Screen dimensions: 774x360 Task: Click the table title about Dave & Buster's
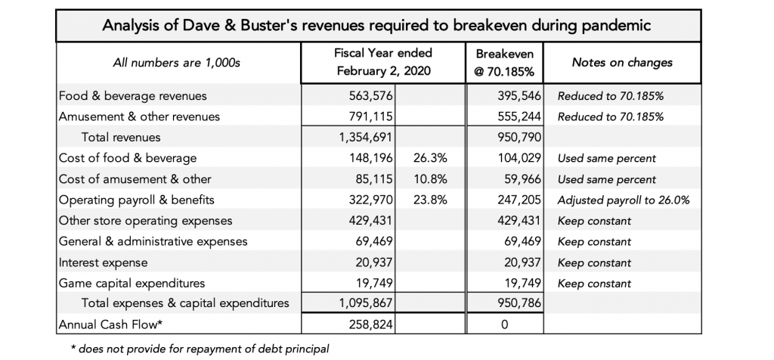(376, 25)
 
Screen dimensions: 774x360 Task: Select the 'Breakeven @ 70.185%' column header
(504, 62)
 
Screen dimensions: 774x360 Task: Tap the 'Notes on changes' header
(622, 62)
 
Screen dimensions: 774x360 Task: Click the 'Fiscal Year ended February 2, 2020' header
(383, 62)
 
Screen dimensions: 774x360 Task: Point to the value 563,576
(372, 96)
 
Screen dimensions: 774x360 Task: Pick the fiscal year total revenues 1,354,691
(366, 138)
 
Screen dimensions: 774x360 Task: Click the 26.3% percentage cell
(430, 158)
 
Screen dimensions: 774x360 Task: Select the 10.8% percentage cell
(430, 178)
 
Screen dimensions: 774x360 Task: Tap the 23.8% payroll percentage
(430, 200)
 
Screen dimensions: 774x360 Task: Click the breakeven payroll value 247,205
(520, 200)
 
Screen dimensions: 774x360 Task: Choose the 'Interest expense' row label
(103, 262)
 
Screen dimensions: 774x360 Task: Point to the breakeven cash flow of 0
(504, 325)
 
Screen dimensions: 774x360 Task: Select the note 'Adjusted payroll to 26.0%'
(624, 200)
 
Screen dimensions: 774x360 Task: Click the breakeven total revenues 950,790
(520, 138)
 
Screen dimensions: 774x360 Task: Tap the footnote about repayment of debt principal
(200, 349)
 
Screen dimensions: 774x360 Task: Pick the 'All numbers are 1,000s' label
(177, 63)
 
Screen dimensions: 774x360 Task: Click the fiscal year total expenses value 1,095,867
(366, 303)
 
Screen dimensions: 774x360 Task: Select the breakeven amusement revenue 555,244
(520, 116)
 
